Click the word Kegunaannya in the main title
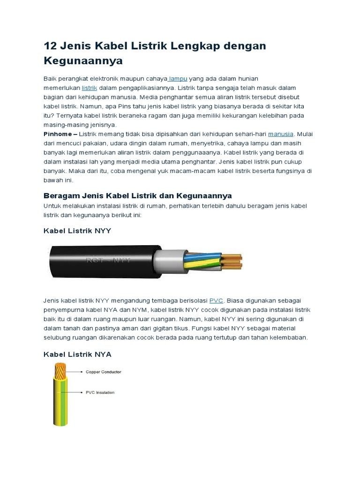(x=83, y=60)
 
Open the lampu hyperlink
(x=178, y=78)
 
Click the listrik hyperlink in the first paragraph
(x=90, y=88)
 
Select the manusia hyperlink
(x=281, y=134)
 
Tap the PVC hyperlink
(x=216, y=300)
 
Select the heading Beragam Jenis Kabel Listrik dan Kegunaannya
(x=137, y=195)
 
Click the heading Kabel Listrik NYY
(x=77, y=231)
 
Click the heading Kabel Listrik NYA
(x=77, y=354)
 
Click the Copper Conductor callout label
(x=103, y=372)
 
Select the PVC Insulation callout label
(x=100, y=392)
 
